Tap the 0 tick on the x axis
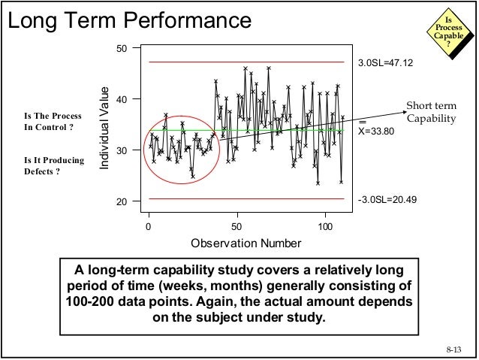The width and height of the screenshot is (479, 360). [x=149, y=225]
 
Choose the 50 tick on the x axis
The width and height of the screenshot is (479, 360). [x=237, y=225]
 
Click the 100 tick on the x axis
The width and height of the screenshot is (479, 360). [x=326, y=225]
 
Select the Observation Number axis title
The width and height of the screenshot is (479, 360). [x=246, y=243]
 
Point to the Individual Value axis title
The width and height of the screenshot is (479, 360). [x=105, y=126]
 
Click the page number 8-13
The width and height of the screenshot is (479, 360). [x=454, y=349]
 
